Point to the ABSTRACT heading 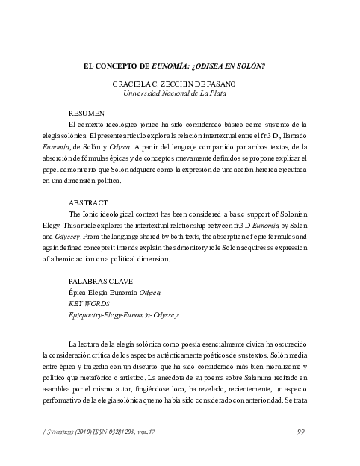coord(88,202)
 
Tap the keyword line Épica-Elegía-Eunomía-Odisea coord(114,293)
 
